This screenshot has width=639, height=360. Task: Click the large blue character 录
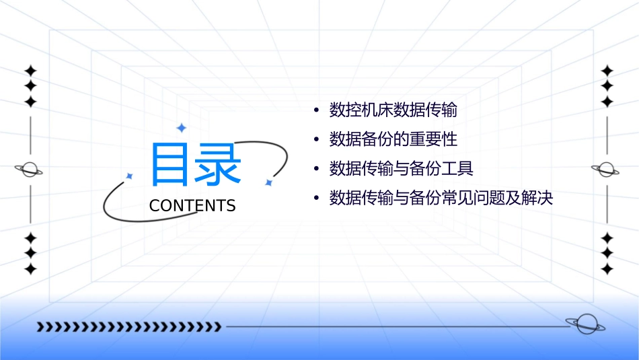coord(218,165)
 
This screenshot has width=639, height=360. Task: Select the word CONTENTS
coord(192,206)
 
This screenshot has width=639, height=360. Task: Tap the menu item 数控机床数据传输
coord(393,110)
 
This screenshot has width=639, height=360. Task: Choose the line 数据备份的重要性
coord(393,139)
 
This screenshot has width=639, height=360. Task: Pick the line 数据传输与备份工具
coord(401,169)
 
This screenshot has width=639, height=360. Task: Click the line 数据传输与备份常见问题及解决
coord(441,199)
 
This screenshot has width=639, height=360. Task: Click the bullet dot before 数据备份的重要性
coord(315,140)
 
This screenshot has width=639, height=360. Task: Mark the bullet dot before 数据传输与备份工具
coord(315,170)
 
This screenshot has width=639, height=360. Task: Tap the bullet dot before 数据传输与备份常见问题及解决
coord(315,199)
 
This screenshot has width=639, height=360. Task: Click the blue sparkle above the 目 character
coord(180,128)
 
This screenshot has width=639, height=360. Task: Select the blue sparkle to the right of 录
coord(268,182)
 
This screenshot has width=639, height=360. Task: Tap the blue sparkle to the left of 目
coord(130,176)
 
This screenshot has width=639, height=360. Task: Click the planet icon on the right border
coord(606,170)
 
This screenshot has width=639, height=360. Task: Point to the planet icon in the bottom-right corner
coord(585,324)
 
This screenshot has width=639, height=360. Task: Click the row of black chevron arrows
coord(128,327)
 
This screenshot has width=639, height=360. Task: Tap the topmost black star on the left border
coord(30,70)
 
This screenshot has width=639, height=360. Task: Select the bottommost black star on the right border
coord(607,269)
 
